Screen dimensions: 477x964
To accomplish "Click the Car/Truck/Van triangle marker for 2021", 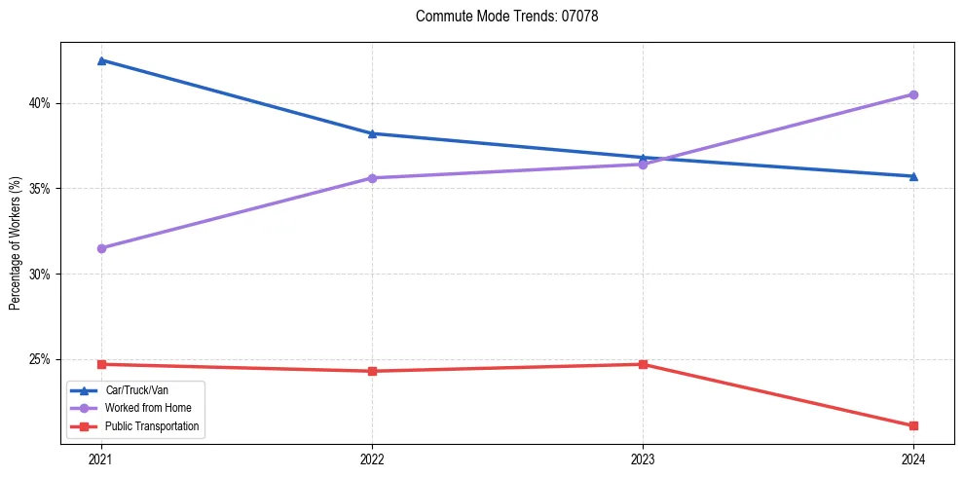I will pyautogui.click(x=101, y=60).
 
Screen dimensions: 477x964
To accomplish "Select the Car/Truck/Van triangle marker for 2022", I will pyautogui.click(x=372, y=133).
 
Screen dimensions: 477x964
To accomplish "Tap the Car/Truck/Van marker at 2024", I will pyautogui.click(x=913, y=176).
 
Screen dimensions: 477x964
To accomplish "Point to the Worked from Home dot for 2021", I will pyautogui.click(x=101, y=248).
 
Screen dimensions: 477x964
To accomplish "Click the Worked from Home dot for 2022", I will pyautogui.click(x=372, y=178).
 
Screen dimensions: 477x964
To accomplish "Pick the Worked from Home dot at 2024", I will pyautogui.click(x=913, y=94).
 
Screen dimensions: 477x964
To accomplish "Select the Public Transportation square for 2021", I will pyautogui.click(x=101, y=364).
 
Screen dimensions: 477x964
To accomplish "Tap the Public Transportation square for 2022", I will pyautogui.click(x=372, y=371).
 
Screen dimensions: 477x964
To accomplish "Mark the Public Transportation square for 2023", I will pyautogui.click(x=643, y=364).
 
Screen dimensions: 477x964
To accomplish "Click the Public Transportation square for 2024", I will pyautogui.click(x=913, y=425).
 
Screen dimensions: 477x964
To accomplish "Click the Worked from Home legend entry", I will pyautogui.click(x=141, y=408).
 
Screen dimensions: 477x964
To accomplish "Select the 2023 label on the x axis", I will pyautogui.click(x=643, y=459).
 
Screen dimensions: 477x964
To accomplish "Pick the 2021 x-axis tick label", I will pyautogui.click(x=101, y=459).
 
